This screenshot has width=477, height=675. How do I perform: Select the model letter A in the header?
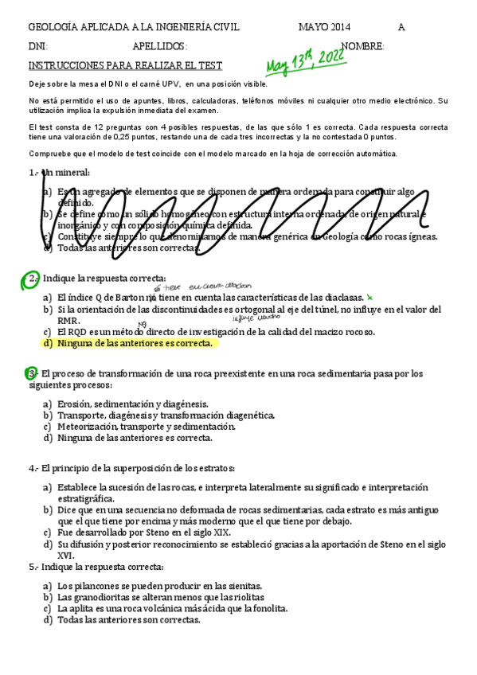pyautogui.click(x=401, y=27)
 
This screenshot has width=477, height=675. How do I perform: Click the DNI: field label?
pyautogui.click(x=37, y=46)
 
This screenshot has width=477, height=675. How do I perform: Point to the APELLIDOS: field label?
pyautogui.click(x=160, y=46)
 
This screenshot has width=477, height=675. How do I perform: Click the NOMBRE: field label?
pyautogui.click(x=362, y=46)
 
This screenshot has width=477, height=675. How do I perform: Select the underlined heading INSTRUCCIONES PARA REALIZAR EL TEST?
pyautogui.click(x=125, y=65)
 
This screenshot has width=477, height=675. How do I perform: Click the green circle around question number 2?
pyautogui.click(x=33, y=279)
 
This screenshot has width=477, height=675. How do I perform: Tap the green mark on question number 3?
pyautogui.click(x=32, y=373)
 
